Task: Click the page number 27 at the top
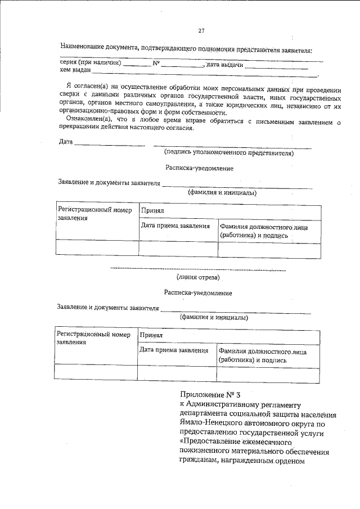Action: tap(201, 30)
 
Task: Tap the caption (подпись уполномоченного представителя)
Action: tap(229, 152)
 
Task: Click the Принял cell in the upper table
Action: tap(152, 212)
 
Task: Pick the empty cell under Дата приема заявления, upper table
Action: tap(178, 248)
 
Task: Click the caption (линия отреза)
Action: tap(198, 277)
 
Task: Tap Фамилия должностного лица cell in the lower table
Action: tap(262, 355)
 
